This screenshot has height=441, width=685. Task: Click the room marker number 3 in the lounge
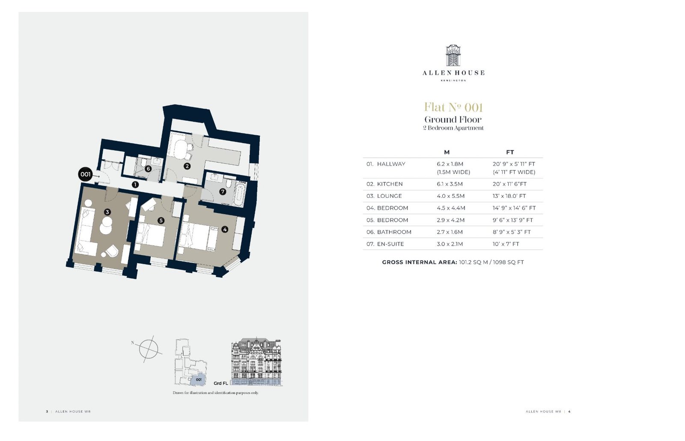click(107, 212)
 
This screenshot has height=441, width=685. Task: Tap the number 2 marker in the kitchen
click(187, 166)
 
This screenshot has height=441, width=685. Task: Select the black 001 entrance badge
click(85, 174)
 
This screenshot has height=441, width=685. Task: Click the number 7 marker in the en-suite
click(223, 192)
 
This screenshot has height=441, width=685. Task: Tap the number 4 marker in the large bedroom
click(225, 229)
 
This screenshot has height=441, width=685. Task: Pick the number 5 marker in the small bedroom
click(161, 220)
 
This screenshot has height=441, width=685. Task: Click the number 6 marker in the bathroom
click(148, 169)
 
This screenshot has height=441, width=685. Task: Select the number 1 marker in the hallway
click(135, 185)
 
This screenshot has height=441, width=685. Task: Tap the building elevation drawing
click(256, 362)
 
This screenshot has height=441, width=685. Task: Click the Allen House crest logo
click(453, 55)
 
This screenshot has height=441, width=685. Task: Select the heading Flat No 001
click(453, 107)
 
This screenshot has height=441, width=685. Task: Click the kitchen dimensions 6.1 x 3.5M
click(450, 184)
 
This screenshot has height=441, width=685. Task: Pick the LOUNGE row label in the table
click(389, 196)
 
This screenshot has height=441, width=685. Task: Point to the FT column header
click(510, 152)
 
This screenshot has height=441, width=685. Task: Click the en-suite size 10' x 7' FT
click(506, 244)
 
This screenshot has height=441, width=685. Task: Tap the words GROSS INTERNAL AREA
click(420, 262)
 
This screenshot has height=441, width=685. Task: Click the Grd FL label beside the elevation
click(221, 383)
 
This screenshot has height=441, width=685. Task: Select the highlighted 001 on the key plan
click(199, 379)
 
